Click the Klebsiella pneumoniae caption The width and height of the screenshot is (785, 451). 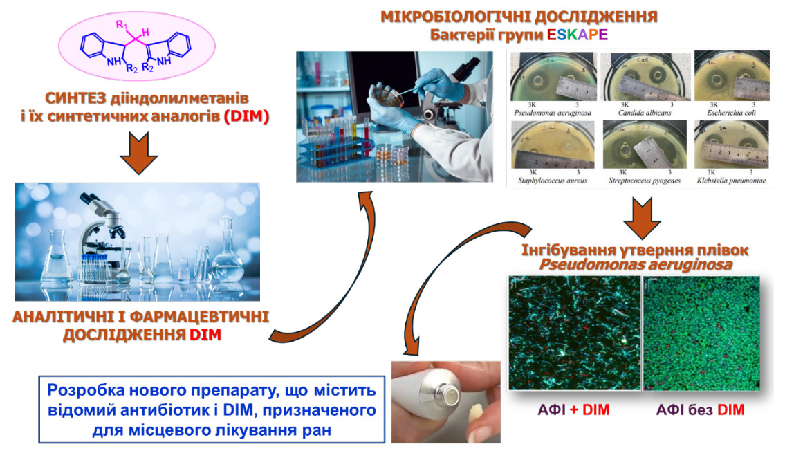tap(732, 181)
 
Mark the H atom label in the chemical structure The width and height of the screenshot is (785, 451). tap(146, 30)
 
